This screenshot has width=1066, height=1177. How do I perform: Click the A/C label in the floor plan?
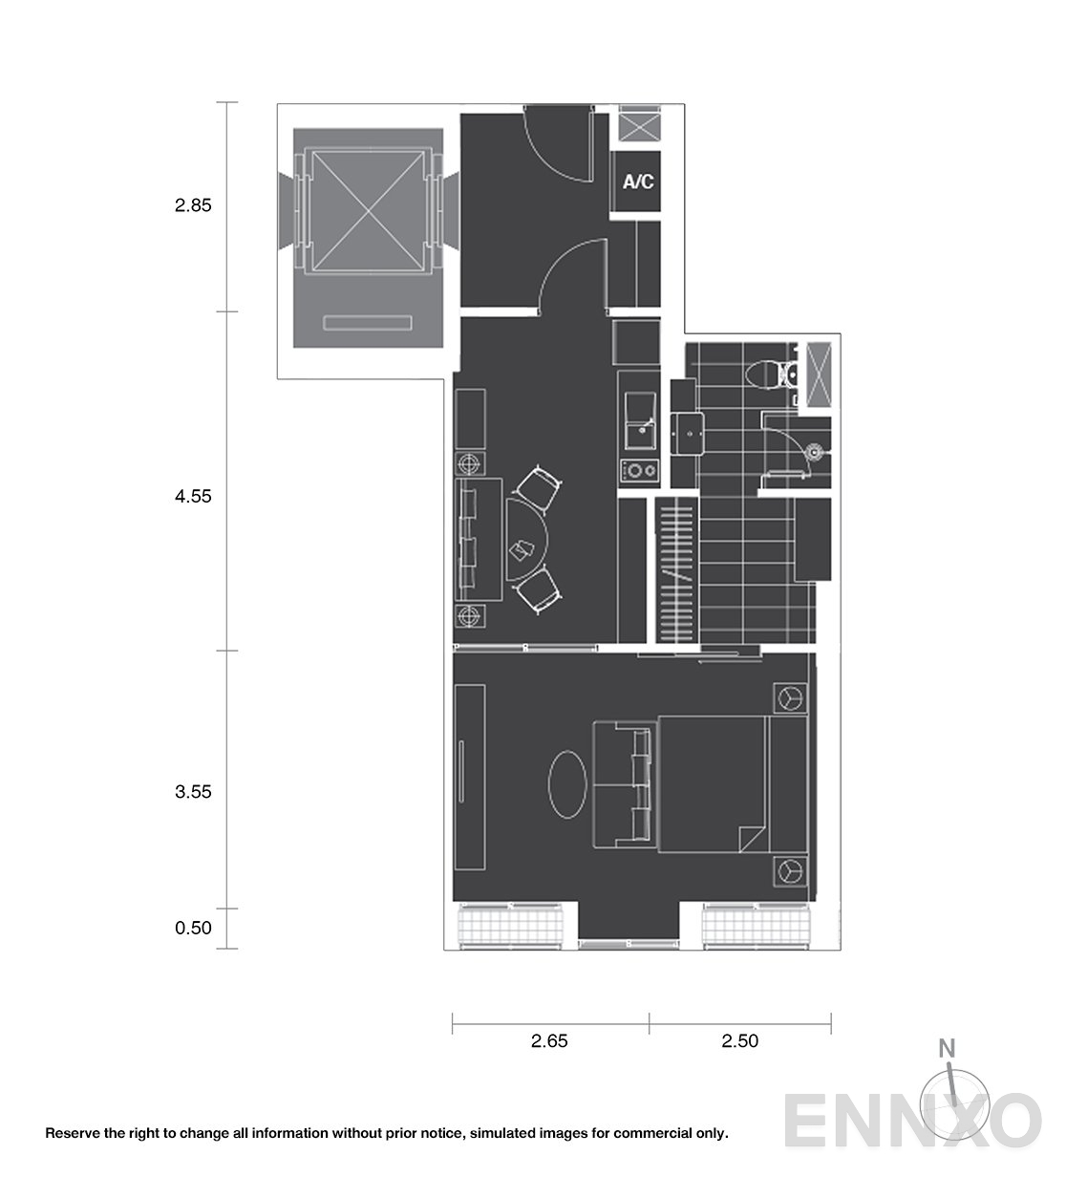tap(638, 182)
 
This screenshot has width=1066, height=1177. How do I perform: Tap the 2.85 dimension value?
tap(193, 205)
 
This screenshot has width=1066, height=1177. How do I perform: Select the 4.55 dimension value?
tap(193, 497)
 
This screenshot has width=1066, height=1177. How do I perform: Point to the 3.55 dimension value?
tap(193, 791)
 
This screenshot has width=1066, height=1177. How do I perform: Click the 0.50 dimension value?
tap(193, 928)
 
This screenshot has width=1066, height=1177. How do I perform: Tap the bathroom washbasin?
tap(688, 434)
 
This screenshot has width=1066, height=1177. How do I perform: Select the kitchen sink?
tap(640, 420)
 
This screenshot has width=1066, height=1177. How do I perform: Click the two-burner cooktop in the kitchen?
tap(639, 470)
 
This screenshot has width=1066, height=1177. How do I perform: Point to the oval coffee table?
tap(567, 784)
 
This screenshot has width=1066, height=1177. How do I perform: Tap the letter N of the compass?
tap(947, 1048)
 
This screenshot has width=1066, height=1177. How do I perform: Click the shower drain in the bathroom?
tap(814, 452)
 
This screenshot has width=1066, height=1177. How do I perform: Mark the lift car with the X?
tap(368, 211)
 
